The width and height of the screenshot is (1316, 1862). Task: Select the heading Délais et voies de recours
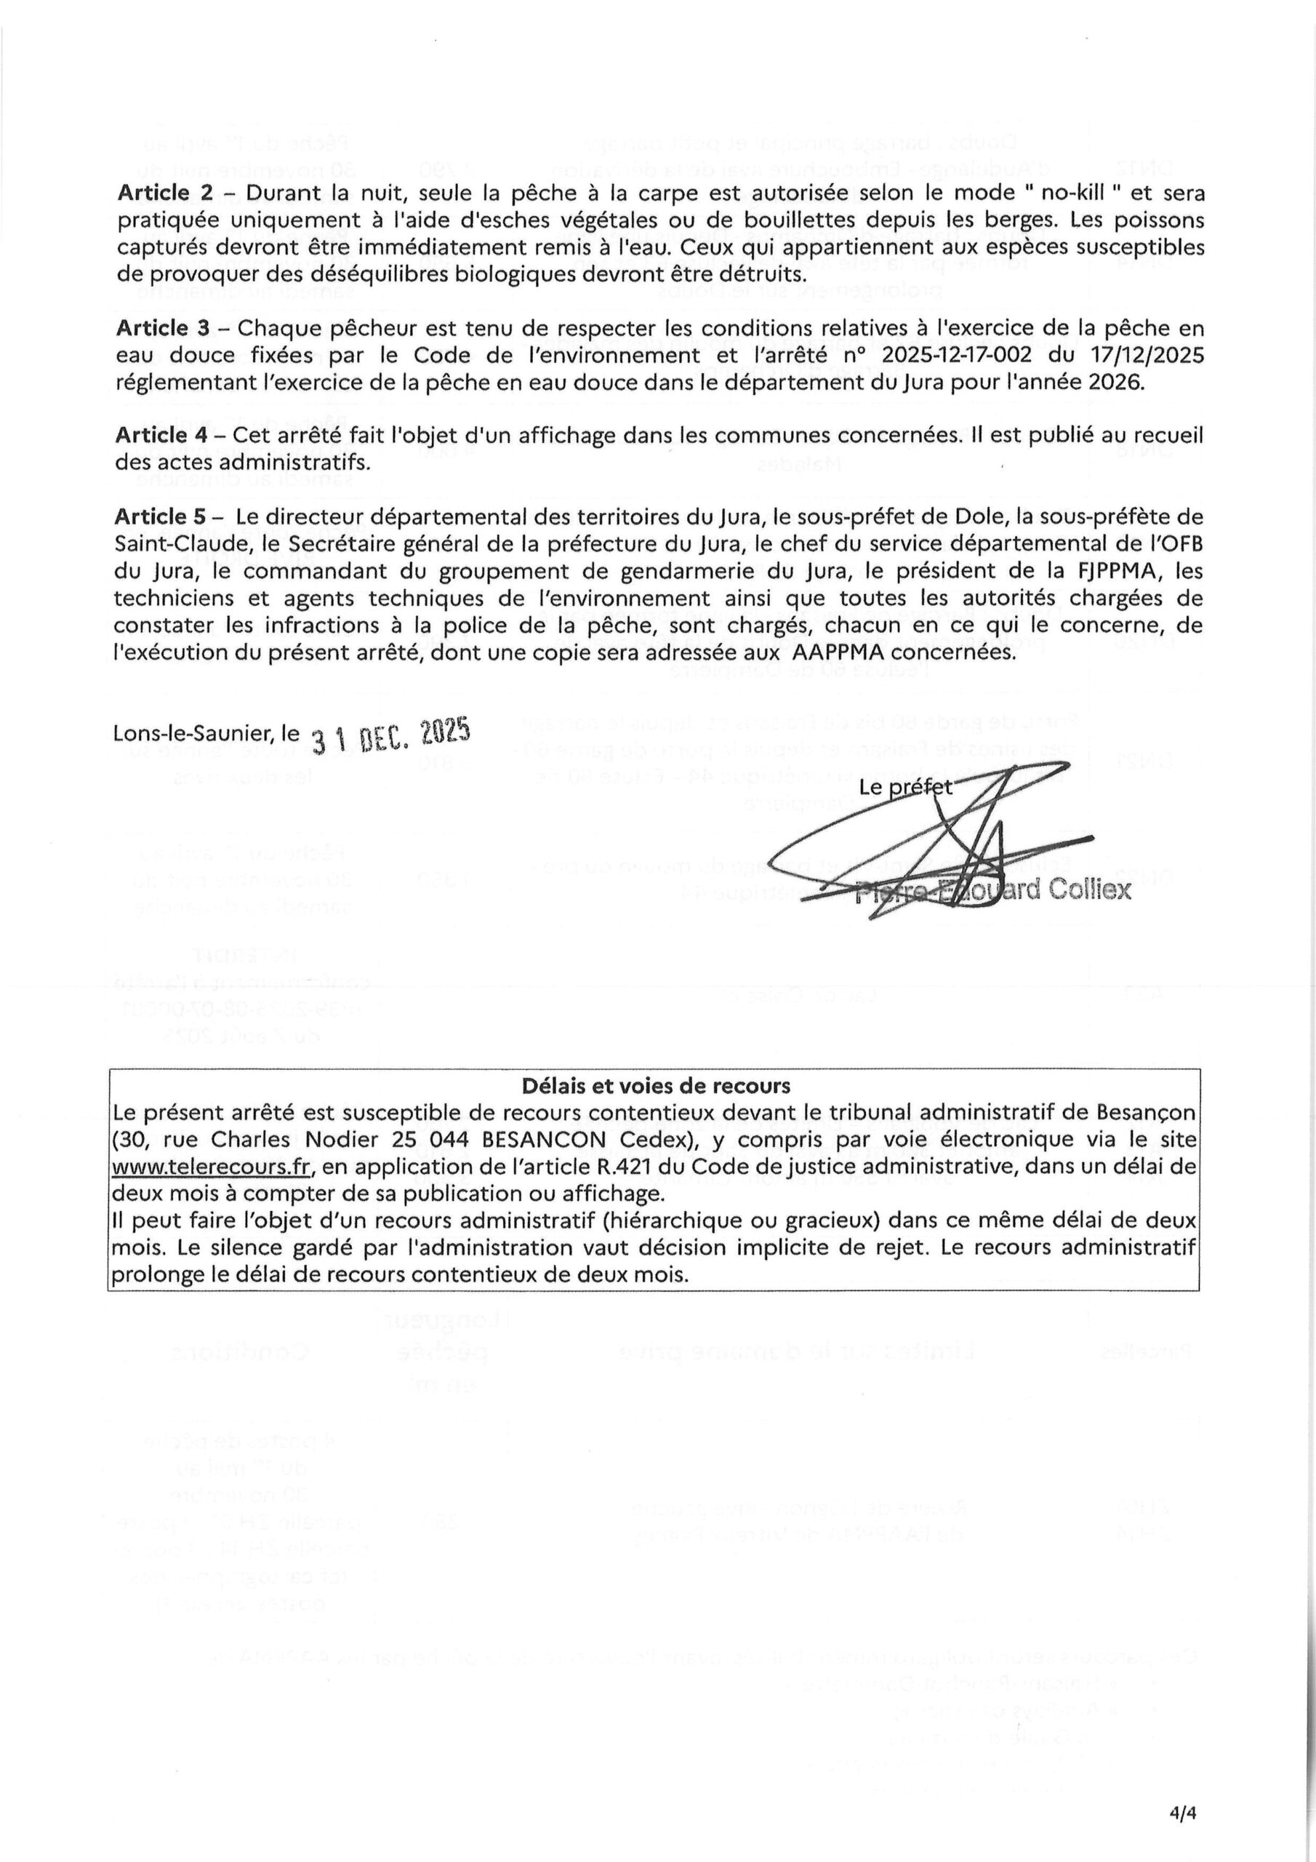(656, 1085)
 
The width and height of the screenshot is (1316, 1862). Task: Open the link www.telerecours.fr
(212, 1166)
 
